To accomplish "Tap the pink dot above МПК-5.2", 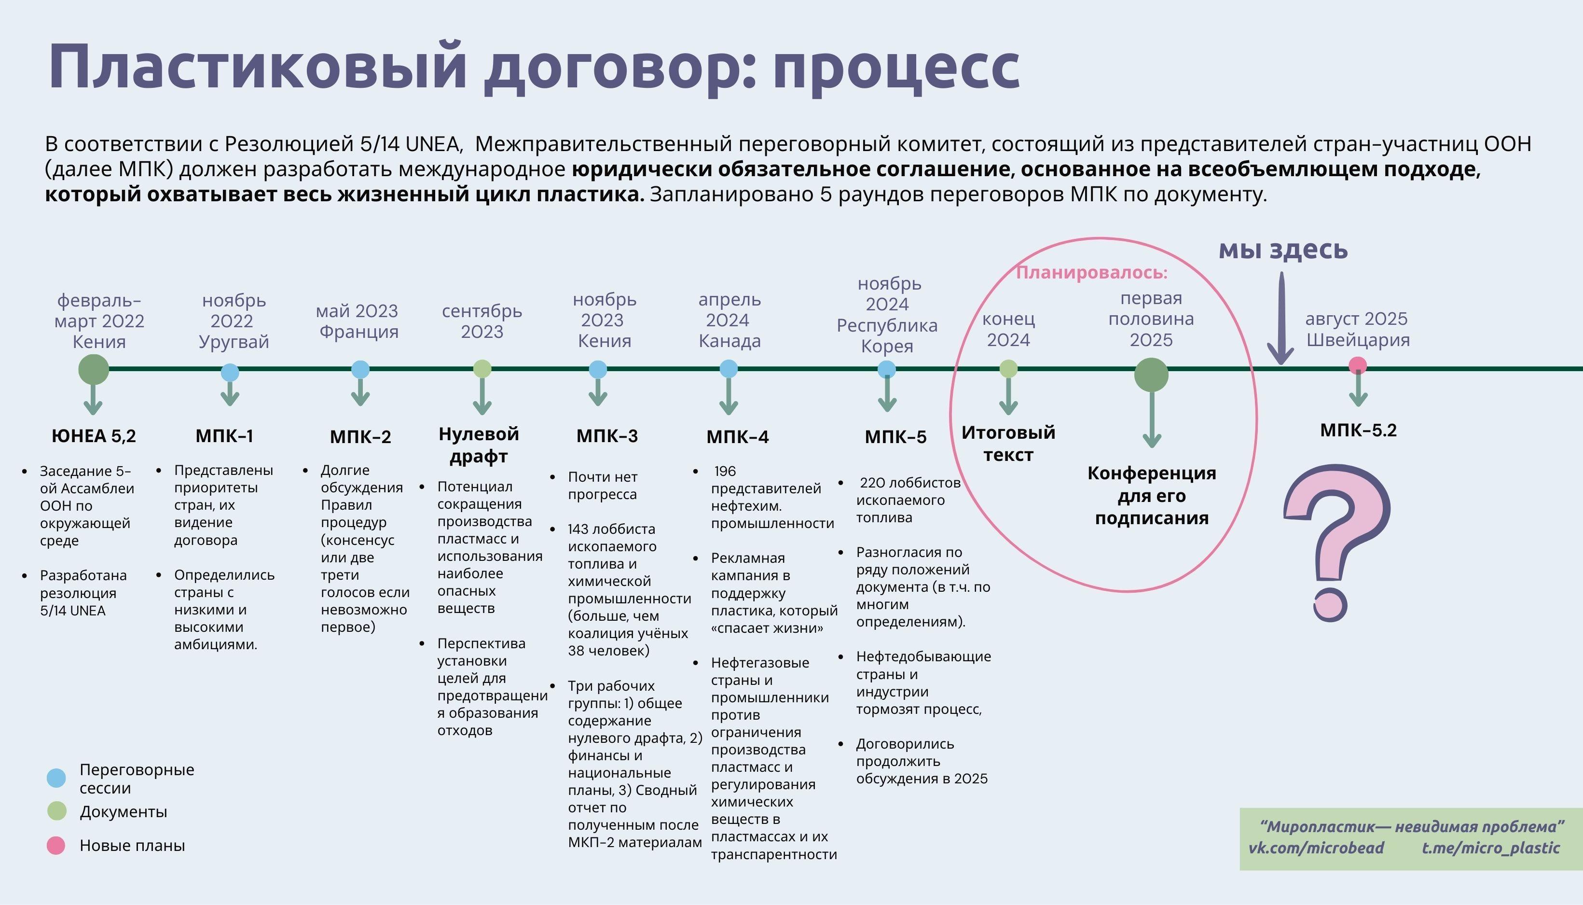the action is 1358,365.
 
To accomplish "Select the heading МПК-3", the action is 607,436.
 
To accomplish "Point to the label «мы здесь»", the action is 1283,250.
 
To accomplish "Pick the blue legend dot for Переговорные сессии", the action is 56,778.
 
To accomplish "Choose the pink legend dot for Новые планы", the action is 56,845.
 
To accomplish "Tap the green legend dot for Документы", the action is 56,811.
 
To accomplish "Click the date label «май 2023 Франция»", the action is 358,320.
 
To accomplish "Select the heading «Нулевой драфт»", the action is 479,445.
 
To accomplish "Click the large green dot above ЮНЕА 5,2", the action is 94,370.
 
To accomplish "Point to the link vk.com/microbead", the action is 1316,849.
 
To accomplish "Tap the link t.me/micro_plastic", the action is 1491,849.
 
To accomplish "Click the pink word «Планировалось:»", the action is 1091,273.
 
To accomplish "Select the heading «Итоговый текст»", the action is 1008,443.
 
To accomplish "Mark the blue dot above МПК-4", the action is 729,369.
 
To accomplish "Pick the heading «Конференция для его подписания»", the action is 1151,495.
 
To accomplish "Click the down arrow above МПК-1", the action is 230,393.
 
